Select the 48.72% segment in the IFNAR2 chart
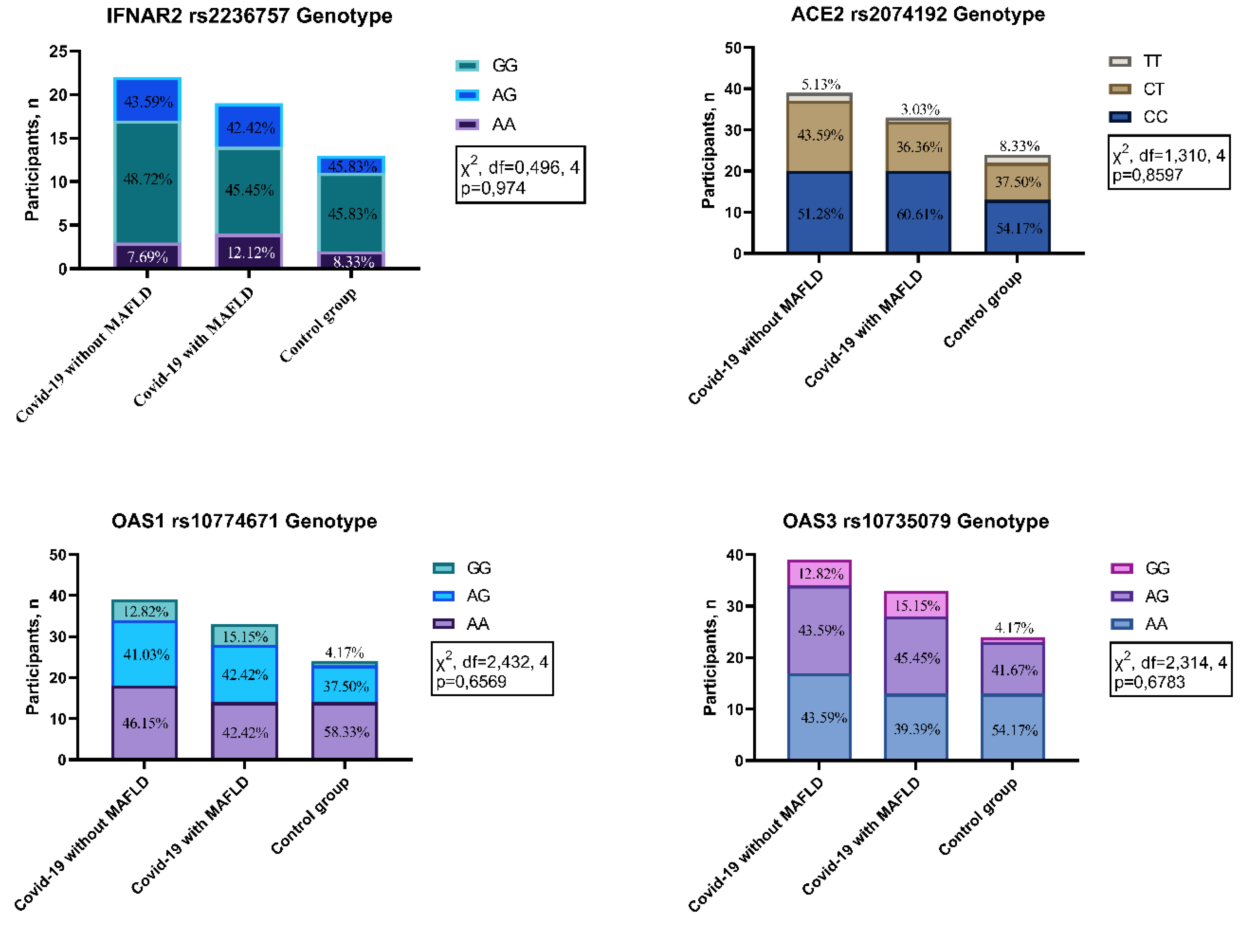[147, 179]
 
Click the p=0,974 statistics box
[520, 175]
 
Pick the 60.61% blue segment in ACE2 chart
[918, 214]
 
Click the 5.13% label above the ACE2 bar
[820, 84]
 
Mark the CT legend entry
[1137, 89]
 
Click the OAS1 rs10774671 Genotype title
[244, 521]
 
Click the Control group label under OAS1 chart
[311, 815]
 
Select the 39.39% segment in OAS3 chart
[916, 728]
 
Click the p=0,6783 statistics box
[1170, 669]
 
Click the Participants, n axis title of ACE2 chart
[708, 150]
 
